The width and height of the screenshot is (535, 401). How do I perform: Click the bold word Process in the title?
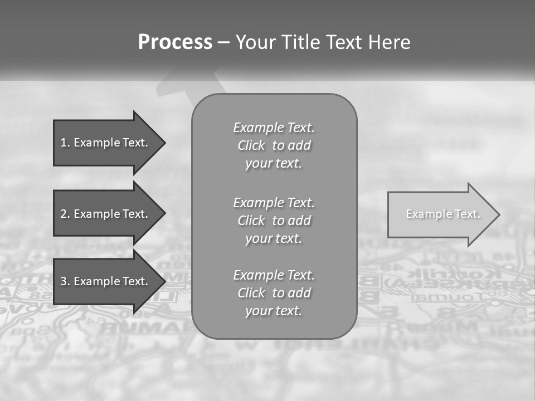click(175, 42)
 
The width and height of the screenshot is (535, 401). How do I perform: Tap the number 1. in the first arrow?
click(65, 143)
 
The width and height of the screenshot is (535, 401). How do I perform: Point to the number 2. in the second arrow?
click(65, 214)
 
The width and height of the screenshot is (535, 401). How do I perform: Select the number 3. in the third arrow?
click(65, 281)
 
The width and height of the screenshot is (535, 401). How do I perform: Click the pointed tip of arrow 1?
click(163, 143)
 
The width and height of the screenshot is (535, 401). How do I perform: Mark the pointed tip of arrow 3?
click(163, 281)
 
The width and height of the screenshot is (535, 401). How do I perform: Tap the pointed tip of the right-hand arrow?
click(498, 214)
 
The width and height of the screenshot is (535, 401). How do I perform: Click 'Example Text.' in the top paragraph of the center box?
click(274, 128)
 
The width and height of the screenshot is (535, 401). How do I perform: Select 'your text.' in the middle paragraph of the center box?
click(274, 238)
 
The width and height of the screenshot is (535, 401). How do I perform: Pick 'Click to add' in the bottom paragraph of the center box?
click(274, 293)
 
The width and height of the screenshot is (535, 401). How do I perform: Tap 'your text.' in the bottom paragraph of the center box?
click(274, 311)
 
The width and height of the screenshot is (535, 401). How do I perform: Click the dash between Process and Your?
click(224, 42)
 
